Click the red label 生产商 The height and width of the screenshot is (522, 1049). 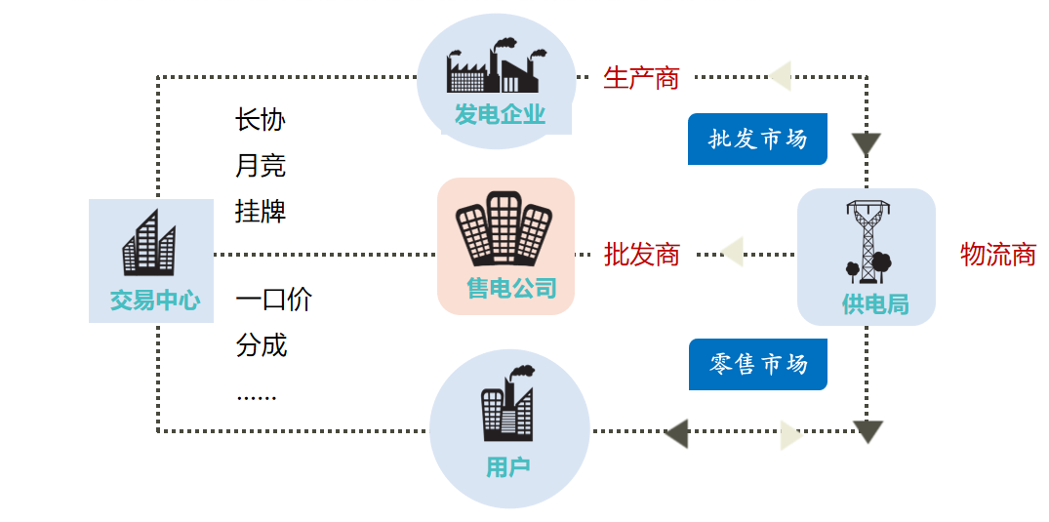(x=641, y=78)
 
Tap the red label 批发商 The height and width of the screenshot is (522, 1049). (x=641, y=255)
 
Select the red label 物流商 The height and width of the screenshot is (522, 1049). (x=997, y=255)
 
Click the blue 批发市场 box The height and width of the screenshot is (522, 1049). (x=757, y=140)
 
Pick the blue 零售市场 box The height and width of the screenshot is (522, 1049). (x=757, y=364)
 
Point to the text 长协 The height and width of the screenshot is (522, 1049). (x=260, y=120)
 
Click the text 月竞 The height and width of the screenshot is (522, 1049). (x=260, y=166)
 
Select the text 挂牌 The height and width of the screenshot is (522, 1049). (x=260, y=211)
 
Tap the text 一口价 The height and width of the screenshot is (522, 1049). (x=273, y=300)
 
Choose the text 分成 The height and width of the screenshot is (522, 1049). (x=260, y=344)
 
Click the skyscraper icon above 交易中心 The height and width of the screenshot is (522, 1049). (x=149, y=244)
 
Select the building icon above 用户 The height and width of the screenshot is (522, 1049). (x=507, y=405)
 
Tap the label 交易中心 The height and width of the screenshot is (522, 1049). (x=154, y=300)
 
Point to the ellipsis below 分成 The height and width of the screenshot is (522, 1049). (x=256, y=396)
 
